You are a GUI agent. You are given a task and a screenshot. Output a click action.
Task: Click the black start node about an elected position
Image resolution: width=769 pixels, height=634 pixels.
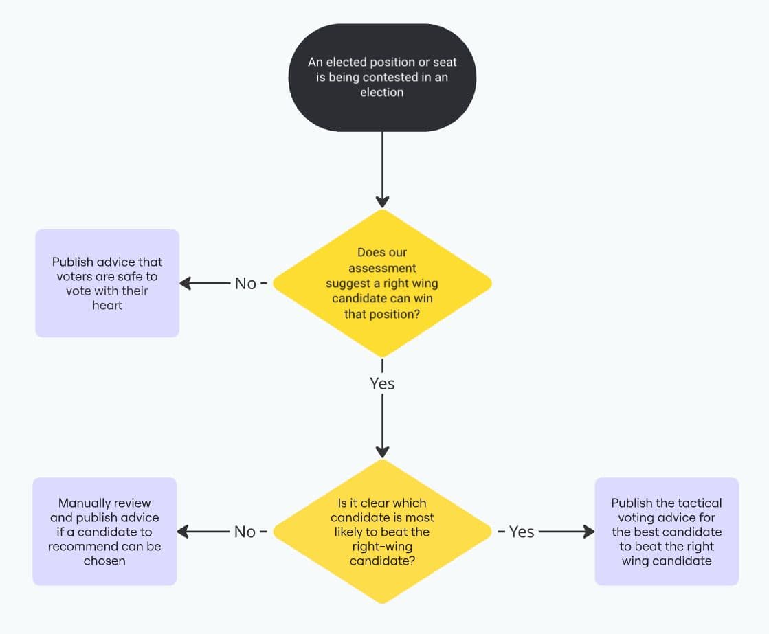tap(382, 77)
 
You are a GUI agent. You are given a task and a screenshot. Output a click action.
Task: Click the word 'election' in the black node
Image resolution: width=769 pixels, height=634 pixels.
tap(382, 92)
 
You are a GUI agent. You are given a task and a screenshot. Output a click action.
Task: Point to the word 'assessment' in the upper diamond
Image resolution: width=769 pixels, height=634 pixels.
tap(382, 268)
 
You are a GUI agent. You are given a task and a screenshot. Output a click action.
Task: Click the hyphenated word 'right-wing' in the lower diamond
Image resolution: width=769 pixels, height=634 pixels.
tap(382, 547)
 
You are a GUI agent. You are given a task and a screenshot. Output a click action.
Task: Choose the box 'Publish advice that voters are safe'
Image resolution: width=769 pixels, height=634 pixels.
tap(107, 283)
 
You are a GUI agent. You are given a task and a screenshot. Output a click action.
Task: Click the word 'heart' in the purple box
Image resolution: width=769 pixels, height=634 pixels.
tap(107, 306)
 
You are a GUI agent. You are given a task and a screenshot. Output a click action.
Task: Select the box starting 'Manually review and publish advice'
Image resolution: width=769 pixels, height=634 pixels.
tap(104, 532)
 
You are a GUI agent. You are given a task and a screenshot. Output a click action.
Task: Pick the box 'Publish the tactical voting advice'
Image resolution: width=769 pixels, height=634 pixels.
tap(667, 532)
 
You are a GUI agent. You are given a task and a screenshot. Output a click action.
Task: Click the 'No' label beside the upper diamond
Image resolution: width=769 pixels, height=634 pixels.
tap(245, 283)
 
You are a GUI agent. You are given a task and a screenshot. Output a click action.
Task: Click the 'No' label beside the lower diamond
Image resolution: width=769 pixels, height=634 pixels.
tap(245, 532)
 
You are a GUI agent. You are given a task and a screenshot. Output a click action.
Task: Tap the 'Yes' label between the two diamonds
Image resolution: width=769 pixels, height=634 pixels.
tap(382, 383)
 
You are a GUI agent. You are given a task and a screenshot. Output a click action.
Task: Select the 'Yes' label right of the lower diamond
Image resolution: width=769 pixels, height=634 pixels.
tap(522, 532)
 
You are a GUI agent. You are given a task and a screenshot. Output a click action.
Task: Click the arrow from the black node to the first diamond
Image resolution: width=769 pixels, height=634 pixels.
tap(382, 168)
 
